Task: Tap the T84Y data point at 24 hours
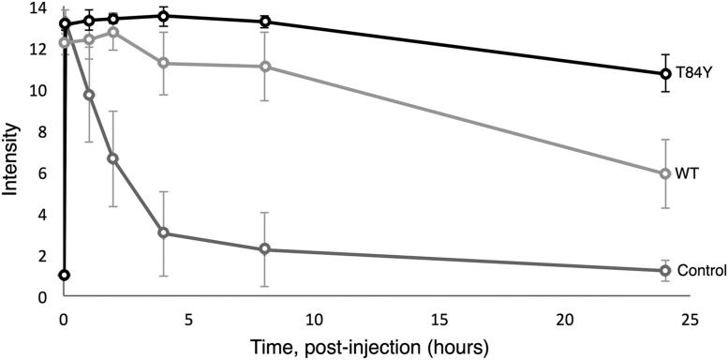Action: coord(665,73)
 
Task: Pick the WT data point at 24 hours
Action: coord(665,173)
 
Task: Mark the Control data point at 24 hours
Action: coord(665,271)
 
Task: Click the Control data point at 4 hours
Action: coord(164,232)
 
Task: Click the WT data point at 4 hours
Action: coord(164,63)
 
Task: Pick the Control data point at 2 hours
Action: coord(113,158)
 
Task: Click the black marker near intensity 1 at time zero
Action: coord(64,275)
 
